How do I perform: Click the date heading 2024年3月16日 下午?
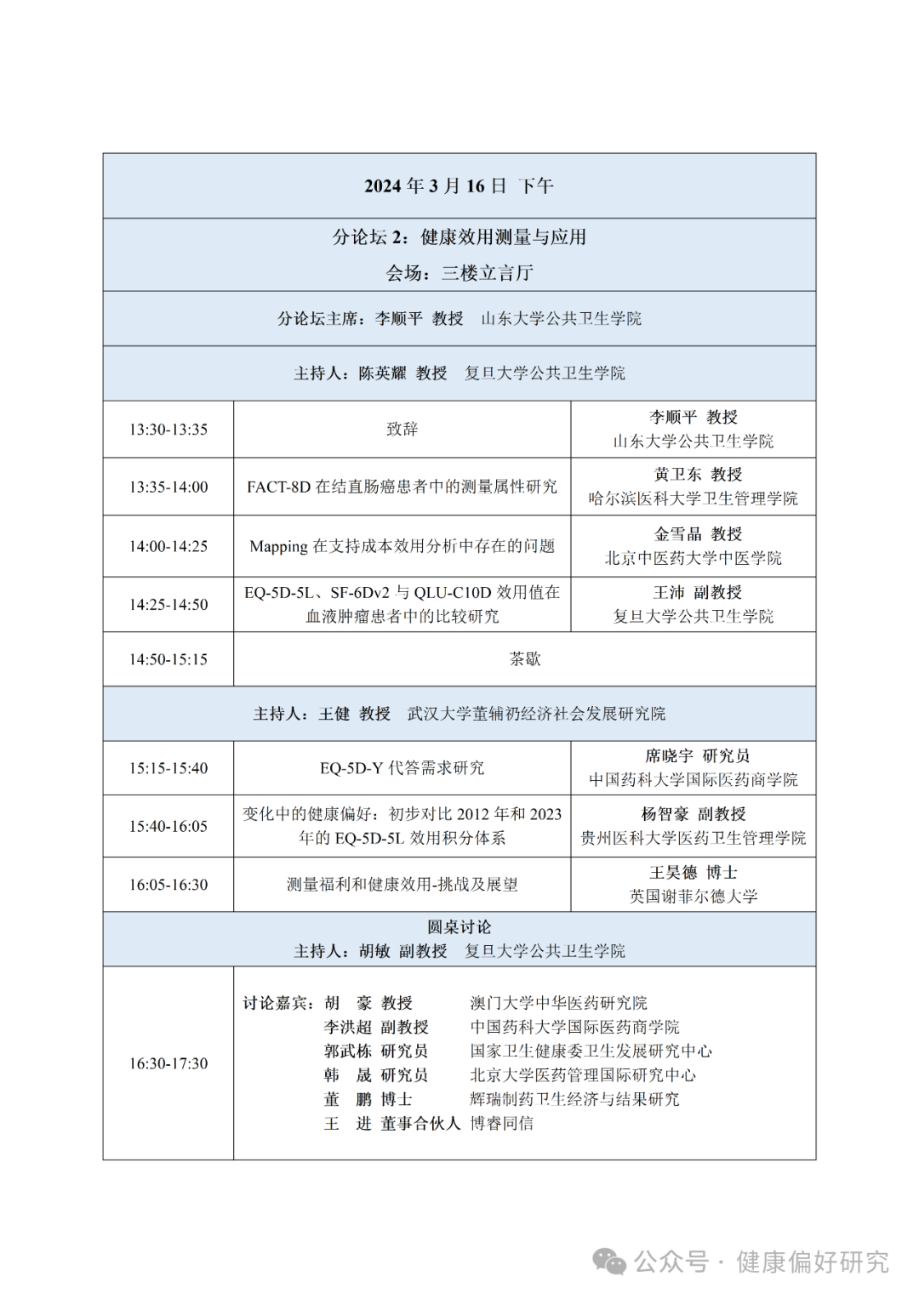(459, 185)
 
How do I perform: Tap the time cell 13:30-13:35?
(168, 430)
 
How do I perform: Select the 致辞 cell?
(402, 430)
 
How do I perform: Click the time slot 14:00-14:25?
(168, 546)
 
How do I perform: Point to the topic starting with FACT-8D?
(402, 487)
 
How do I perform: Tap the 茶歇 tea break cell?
(524, 658)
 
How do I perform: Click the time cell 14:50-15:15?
(168, 659)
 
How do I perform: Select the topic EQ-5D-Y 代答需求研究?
(402, 768)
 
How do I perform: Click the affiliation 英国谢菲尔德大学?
(693, 897)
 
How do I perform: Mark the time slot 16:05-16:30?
(168, 885)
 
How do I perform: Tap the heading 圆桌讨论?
(459, 927)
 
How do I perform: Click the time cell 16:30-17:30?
(168, 1063)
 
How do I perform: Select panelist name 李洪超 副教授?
(376, 1028)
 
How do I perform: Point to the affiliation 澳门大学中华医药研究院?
(558, 1003)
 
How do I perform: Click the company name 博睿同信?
(501, 1124)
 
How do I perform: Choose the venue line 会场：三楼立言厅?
(459, 273)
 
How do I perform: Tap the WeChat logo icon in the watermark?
(609, 1262)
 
